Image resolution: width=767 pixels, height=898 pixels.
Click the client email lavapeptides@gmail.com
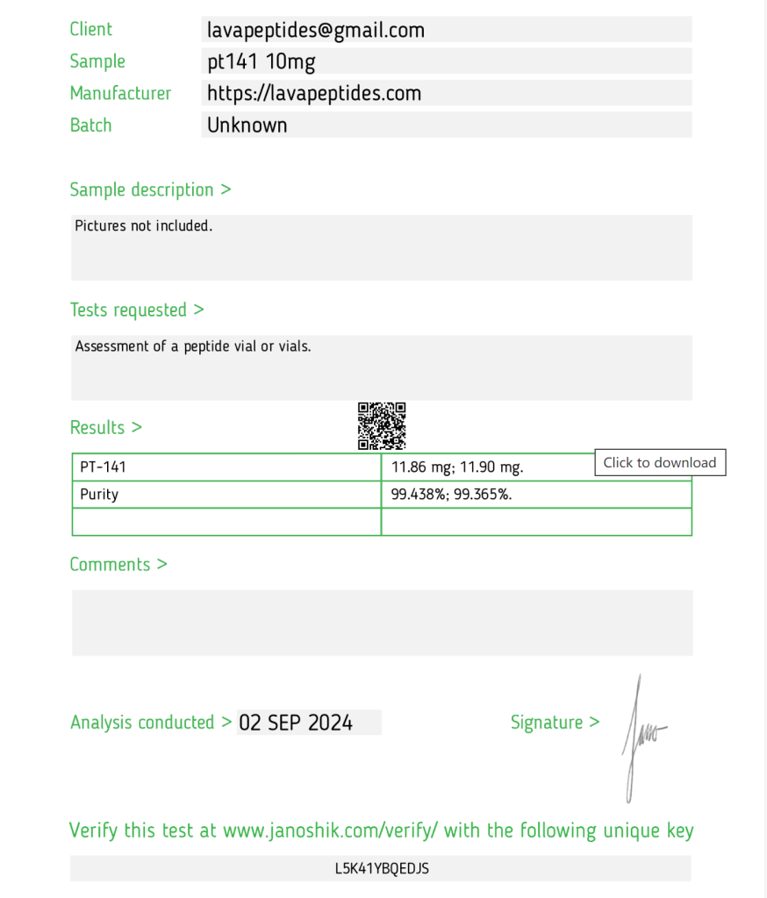tap(316, 30)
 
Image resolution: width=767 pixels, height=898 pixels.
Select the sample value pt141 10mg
tap(261, 61)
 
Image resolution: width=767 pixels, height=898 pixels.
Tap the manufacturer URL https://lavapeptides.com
tap(314, 93)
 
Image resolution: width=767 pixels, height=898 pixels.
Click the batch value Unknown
tap(247, 125)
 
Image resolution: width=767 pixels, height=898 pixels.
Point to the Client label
tap(91, 30)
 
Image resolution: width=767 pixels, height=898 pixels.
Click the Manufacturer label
tap(120, 93)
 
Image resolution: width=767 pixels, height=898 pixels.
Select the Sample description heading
tap(150, 189)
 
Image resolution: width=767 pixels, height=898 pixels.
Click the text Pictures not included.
tap(144, 226)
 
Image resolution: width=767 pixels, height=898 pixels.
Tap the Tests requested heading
tap(137, 310)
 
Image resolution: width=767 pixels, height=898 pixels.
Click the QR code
tap(382, 425)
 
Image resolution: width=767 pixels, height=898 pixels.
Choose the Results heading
tap(105, 427)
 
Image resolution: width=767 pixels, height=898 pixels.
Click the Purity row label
tap(99, 494)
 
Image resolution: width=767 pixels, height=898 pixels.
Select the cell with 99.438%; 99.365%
tap(451, 494)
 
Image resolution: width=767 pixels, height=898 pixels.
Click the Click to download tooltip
tap(660, 462)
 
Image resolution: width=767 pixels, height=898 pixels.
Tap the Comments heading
tap(118, 564)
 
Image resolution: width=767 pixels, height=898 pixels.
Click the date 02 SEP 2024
tap(296, 723)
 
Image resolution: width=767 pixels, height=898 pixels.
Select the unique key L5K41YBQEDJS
tap(382, 869)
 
